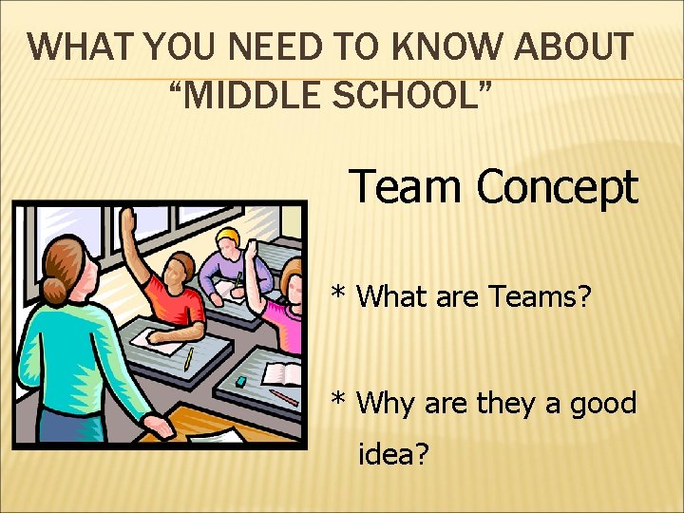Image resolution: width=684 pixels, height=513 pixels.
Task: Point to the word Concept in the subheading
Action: (557, 186)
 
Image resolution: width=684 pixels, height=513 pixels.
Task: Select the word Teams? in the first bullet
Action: (541, 297)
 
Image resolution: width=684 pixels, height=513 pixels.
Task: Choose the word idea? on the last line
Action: (393, 456)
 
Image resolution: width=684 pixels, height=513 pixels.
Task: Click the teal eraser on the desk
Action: (241, 381)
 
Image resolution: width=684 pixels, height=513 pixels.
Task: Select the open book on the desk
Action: (282, 373)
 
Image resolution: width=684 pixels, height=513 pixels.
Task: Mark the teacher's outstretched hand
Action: (162, 428)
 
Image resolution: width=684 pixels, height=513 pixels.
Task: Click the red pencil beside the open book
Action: (283, 397)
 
